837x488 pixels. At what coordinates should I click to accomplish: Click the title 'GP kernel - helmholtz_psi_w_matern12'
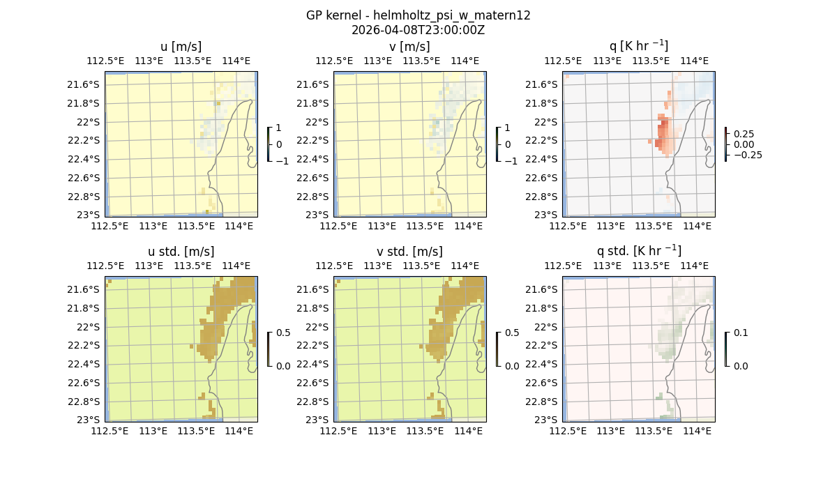(418, 15)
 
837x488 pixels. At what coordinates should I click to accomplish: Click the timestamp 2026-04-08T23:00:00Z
(418, 30)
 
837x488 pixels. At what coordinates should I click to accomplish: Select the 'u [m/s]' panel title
(181, 47)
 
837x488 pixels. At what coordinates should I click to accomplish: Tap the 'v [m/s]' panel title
(410, 47)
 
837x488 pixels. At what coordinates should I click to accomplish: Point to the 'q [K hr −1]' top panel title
(639, 46)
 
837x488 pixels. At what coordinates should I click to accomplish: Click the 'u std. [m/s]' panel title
(181, 252)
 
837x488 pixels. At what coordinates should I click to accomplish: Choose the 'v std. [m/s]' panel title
(410, 252)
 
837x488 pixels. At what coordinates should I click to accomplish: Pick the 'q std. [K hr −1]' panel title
(639, 251)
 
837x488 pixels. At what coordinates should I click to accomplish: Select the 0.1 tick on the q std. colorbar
(739, 333)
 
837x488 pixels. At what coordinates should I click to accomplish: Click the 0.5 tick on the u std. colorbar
(282, 333)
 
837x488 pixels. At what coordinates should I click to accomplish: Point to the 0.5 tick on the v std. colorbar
(511, 333)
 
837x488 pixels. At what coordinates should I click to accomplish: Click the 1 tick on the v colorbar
(507, 128)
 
